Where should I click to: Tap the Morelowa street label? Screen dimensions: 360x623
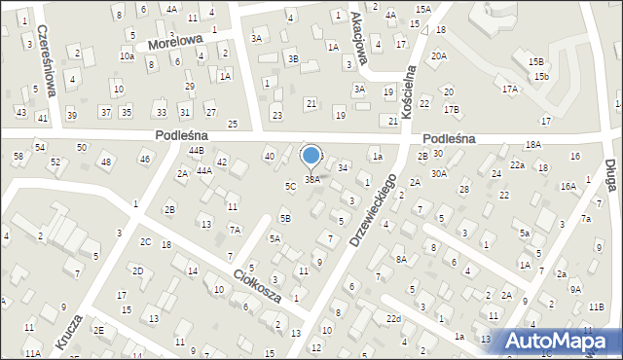tap(175, 44)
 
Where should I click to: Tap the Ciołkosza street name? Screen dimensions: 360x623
tap(256, 285)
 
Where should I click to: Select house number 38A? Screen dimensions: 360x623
tap(311, 179)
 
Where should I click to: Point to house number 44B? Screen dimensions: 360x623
tap(196, 151)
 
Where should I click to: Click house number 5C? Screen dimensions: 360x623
tap(290, 185)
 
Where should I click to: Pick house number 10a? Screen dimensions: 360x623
tap(127, 56)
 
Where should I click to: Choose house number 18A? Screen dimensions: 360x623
tap(532, 144)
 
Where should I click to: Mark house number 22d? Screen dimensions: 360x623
tap(392, 319)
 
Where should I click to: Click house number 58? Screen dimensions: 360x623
tap(18, 156)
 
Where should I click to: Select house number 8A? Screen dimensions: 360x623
tap(400, 258)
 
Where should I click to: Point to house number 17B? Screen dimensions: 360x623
tap(452, 109)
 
